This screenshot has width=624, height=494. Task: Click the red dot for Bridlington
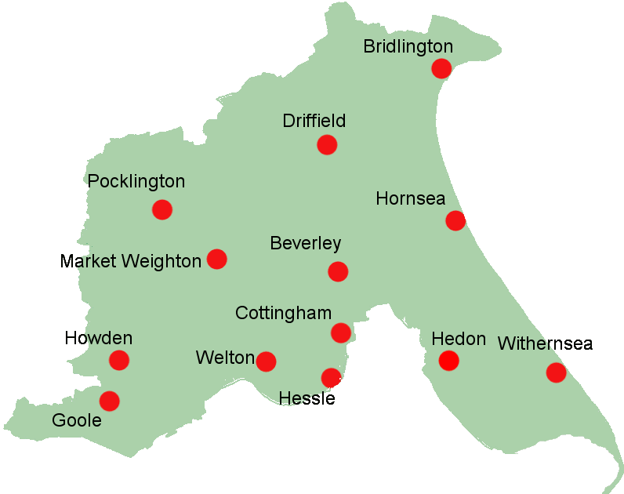pos(441,68)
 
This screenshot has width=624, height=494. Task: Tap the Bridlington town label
pos(408,46)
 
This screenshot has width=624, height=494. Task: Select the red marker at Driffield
pos(327,144)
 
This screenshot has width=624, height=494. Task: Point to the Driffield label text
pos(314,122)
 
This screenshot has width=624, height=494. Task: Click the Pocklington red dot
pos(162,209)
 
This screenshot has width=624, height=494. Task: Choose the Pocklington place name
pos(136,182)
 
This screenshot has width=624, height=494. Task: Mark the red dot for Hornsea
pos(455,220)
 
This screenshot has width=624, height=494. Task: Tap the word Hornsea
pos(411,198)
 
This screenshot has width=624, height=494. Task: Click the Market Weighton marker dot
pos(216,259)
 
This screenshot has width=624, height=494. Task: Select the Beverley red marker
pos(338,271)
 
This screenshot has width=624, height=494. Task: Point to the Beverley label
pos(305,244)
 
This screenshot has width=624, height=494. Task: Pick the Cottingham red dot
pos(340,332)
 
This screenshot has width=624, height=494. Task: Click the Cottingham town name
pos(283,314)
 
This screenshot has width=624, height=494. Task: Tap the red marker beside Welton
pos(266,361)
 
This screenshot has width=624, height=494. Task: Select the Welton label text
pos(225,358)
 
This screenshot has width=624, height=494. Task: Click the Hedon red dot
pos(448,360)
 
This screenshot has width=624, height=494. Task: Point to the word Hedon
pos(459,339)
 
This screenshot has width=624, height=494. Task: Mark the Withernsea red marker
pos(556,372)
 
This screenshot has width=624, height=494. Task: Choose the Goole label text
pos(77,420)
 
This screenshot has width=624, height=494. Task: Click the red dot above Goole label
pos(109,401)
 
